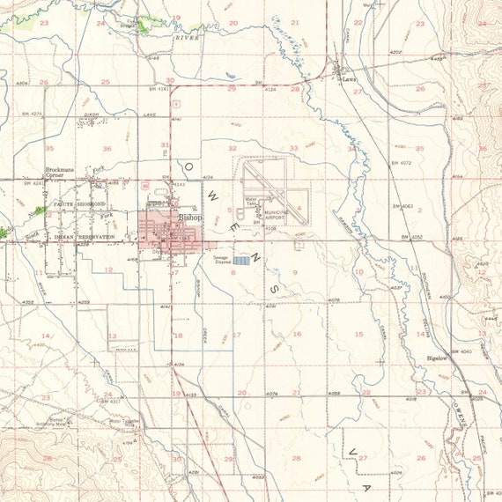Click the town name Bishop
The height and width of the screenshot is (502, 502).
[x=190, y=217]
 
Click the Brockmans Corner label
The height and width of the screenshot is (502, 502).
[x=63, y=173]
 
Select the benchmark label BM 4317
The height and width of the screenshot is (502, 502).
[x=108, y=402]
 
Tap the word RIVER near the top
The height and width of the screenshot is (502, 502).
[x=186, y=38]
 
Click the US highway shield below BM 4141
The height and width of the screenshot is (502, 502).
[x=148, y=188]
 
